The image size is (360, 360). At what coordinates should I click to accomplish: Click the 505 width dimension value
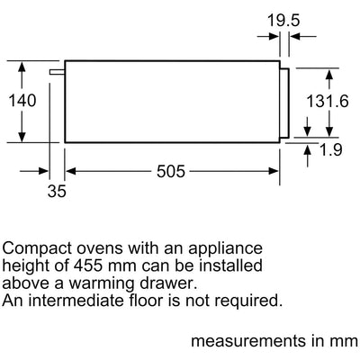coord(171,171)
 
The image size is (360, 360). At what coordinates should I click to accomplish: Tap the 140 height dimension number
coord(22,101)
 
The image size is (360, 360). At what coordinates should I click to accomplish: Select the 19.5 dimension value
coord(283,21)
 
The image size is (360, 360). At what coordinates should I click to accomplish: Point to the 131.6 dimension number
coord(328,101)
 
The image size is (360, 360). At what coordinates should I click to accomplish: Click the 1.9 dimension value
coord(331,149)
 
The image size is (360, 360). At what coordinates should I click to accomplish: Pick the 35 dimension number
coord(57,191)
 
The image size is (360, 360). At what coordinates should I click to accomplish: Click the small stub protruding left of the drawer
coord(57,72)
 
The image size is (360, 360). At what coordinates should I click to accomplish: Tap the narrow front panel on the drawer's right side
coord(284,103)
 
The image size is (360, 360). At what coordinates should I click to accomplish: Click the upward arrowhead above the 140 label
coord(22,67)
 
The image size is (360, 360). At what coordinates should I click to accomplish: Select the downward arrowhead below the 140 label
coord(22,137)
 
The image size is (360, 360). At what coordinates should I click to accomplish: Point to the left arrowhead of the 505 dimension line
coord(70,171)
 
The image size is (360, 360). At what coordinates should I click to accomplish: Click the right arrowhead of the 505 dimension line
coord(274,171)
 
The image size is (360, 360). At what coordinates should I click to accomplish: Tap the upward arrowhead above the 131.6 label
coord(329,75)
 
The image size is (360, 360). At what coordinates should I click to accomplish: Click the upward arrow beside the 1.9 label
coord(308,156)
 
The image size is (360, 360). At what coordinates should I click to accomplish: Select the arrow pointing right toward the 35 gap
coord(34,171)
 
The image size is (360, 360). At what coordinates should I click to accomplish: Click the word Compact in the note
coord(37,249)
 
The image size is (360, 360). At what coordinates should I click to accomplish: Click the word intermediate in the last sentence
coord(76,301)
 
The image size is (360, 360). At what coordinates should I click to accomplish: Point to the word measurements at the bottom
coord(247,341)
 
